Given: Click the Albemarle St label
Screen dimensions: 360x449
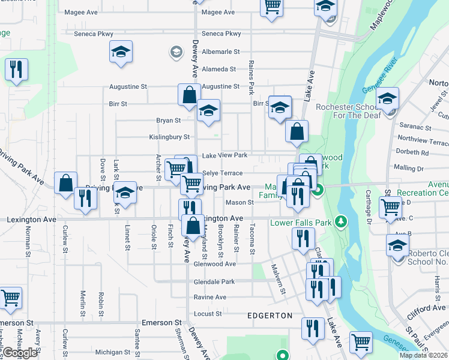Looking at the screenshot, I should coord(221,52).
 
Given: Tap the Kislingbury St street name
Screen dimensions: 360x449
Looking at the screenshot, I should coord(169,137).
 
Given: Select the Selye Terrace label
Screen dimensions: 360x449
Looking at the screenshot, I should coord(223,173).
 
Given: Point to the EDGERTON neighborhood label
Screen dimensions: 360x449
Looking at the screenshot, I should coord(270,316).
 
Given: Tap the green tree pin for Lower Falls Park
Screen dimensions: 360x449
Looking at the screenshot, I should coord(342,222).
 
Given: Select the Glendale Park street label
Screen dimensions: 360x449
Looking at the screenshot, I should coord(214,281).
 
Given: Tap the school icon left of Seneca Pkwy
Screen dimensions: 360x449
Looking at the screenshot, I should coord(121,52).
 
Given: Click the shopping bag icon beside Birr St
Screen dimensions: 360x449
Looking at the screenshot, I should coord(188,95).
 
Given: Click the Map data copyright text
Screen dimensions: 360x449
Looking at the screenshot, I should coord(424,355).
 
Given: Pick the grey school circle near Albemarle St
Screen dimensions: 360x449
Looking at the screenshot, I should coord(176,52).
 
